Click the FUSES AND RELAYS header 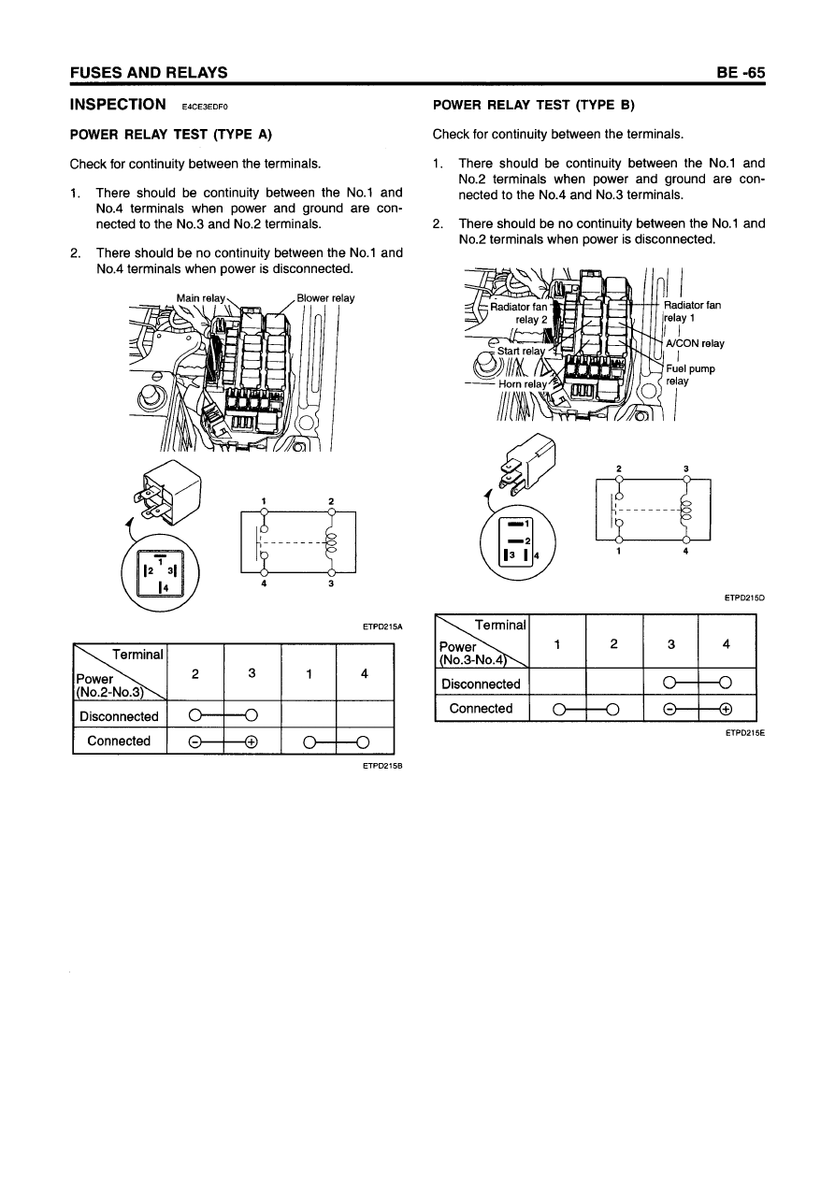(149, 72)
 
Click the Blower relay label (325, 298)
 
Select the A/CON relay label (694, 343)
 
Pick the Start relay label (522, 352)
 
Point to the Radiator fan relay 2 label (521, 311)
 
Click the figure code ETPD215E (744, 734)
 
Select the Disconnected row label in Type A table (119, 717)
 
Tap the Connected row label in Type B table (481, 708)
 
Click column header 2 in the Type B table (613, 643)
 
